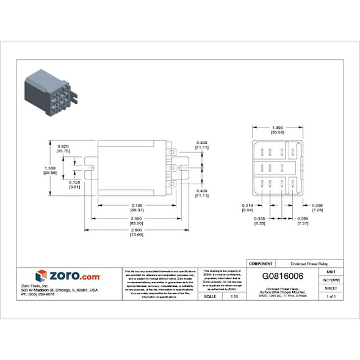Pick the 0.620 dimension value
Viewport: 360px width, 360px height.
point(62,146)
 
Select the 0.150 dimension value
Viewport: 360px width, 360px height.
point(74,182)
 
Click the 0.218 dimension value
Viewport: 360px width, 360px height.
point(247,205)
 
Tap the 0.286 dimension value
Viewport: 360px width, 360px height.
point(317,205)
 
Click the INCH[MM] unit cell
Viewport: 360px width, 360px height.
point(331,279)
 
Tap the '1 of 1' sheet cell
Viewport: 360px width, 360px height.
point(331,296)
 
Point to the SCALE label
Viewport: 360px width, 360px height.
point(209,296)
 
